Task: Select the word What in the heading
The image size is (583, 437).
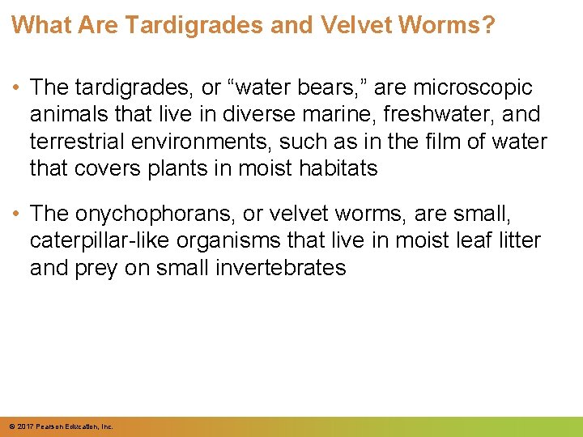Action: [x=38, y=24]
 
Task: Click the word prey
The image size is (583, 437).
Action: [x=100, y=269]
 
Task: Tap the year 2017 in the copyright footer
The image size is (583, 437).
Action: [x=24, y=426]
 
